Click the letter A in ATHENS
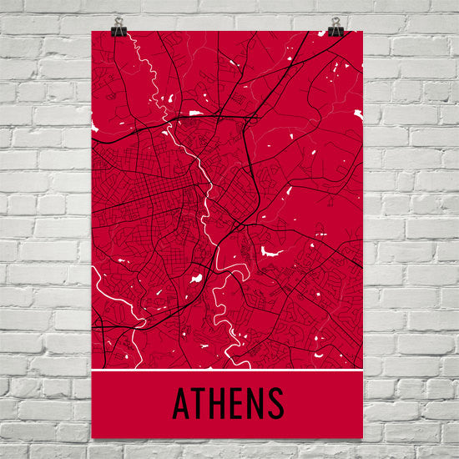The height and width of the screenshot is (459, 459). [x=180, y=404]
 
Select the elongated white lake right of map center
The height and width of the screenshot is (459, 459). [x=271, y=250]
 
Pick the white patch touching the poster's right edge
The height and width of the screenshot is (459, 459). [x=359, y=113]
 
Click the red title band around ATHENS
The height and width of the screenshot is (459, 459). [x=317, y=405]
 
